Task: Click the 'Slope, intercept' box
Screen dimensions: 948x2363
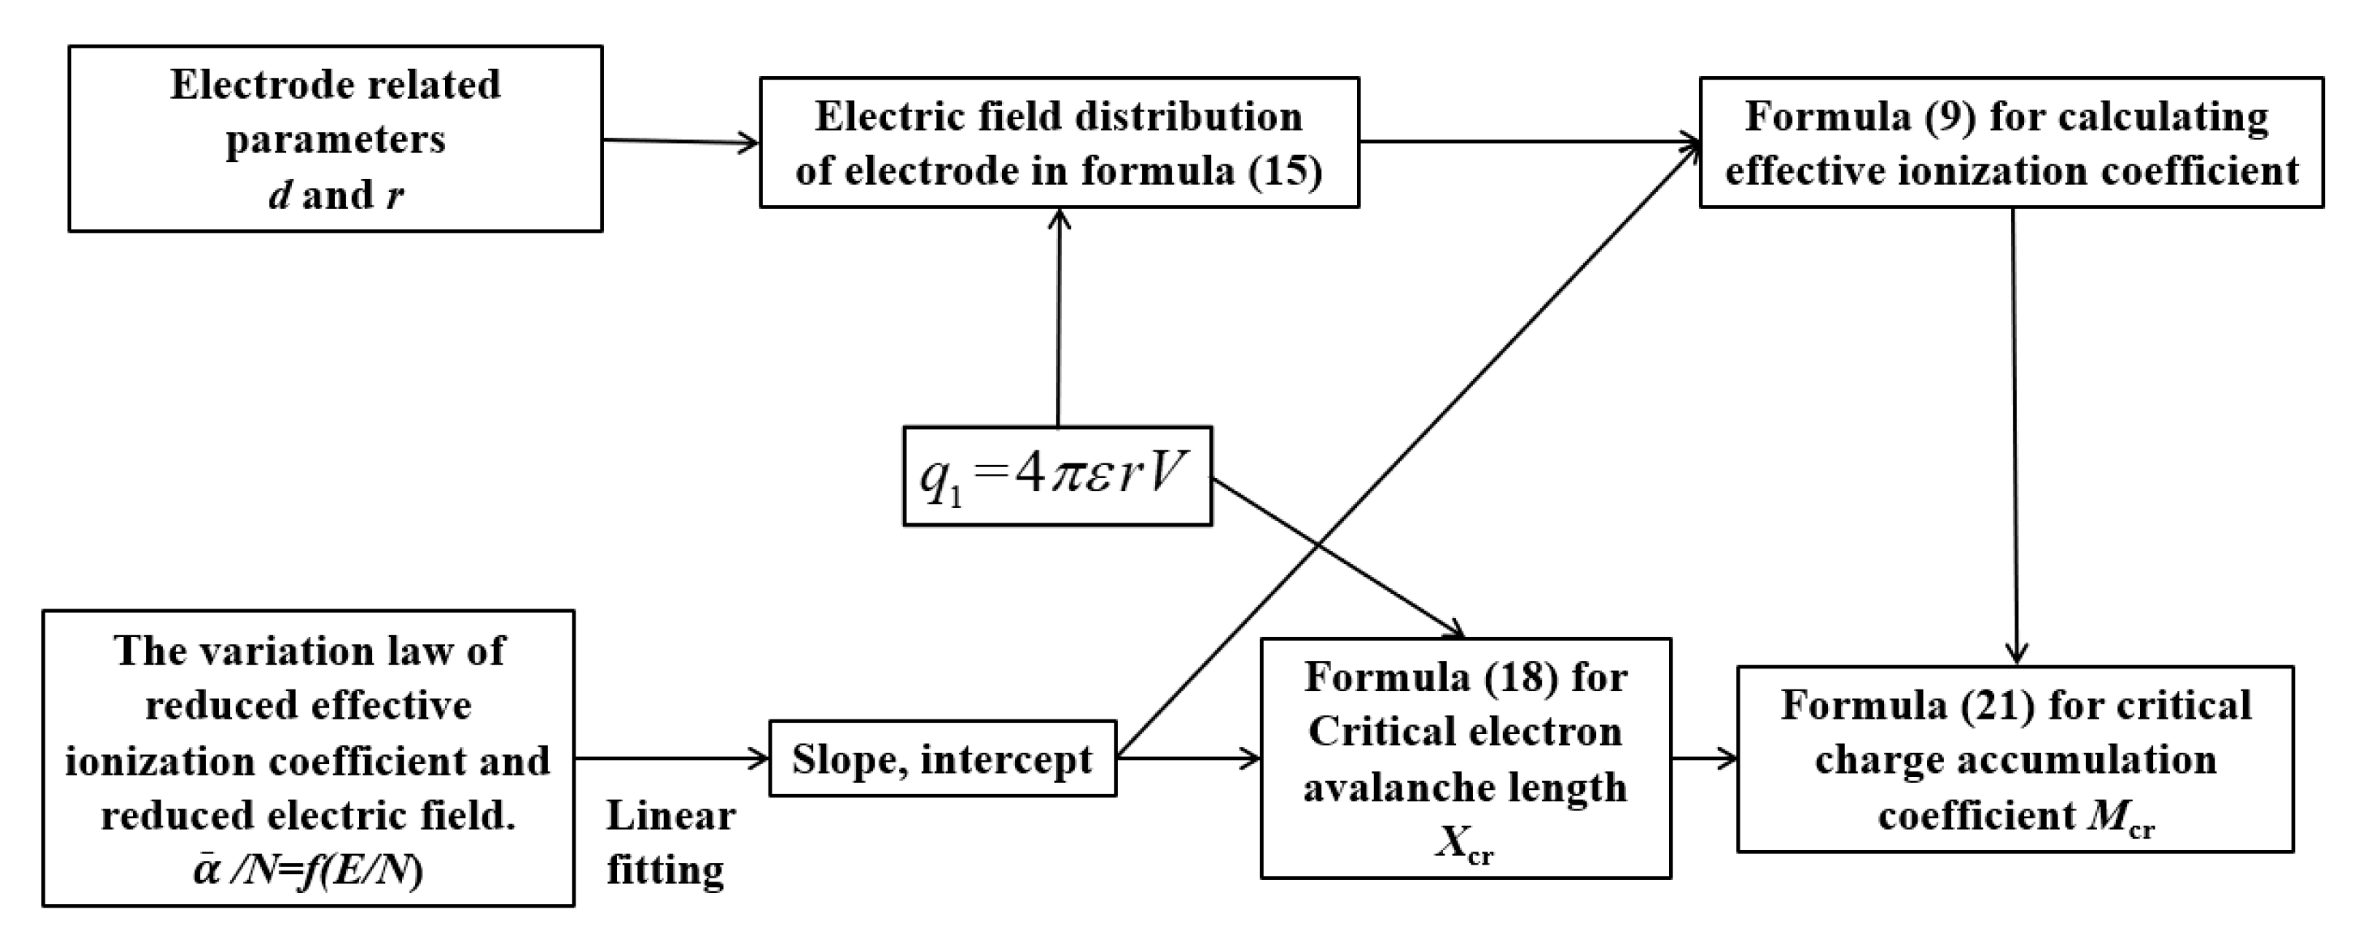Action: pos(942,759)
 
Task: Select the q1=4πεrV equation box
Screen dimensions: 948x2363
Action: pos(1057,476)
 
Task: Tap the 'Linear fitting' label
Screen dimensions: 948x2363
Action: pos(669,842)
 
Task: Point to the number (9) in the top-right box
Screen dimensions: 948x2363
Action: pos(1876,117)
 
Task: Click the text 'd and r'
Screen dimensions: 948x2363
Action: pos(336,195)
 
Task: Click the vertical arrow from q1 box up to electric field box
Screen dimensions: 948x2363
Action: pos(1059,321)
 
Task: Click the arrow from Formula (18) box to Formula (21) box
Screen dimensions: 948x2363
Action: pos(1703,758)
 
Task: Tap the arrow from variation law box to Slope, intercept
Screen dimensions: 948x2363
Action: pos(670,758)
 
